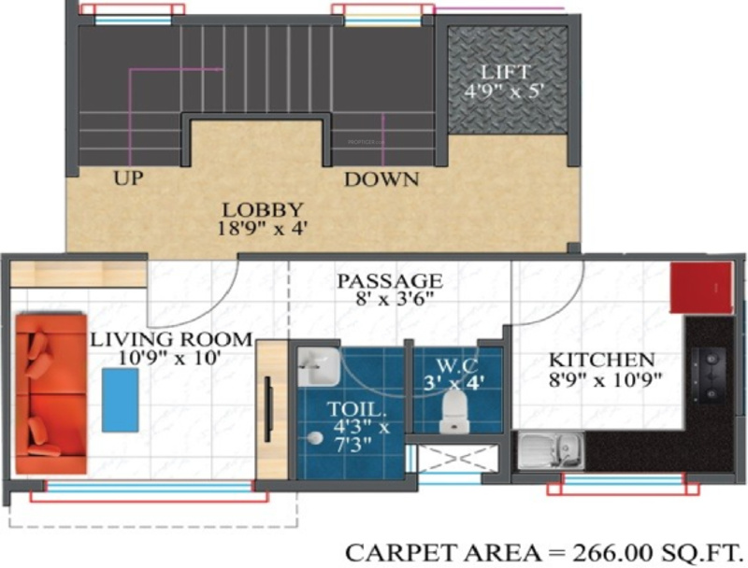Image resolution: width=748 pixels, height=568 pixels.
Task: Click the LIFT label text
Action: tap(507, 72)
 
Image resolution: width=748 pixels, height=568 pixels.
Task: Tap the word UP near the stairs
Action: tap(128, 178)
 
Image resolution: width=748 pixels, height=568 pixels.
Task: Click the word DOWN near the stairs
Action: tap(381, 179)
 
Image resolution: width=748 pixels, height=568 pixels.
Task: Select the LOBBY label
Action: tap(262, 209)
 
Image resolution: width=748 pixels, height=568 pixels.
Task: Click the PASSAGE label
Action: tap(390, 280)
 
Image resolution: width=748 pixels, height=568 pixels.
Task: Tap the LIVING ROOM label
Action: tap(171, 338)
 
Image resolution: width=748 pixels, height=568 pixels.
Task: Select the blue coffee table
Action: tap(120, 399)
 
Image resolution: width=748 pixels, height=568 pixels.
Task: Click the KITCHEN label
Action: tap(600, 360)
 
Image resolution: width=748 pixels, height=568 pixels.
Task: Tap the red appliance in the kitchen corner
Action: tap(701, 288)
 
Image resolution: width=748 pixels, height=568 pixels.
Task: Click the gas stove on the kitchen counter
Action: tap(709, 371)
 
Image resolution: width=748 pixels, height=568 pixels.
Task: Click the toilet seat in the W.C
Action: tap(453, 405)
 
